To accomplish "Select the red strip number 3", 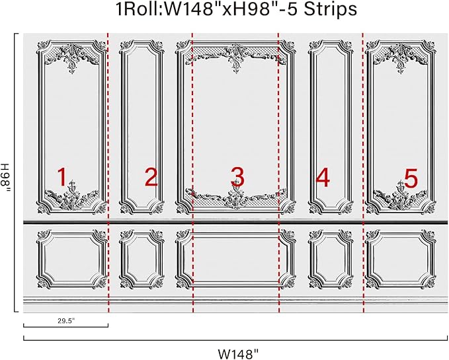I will [237, 176].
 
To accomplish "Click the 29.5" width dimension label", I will [65, 320].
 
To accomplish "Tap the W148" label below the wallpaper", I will [235, 353].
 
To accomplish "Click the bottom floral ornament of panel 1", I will [71, 196].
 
